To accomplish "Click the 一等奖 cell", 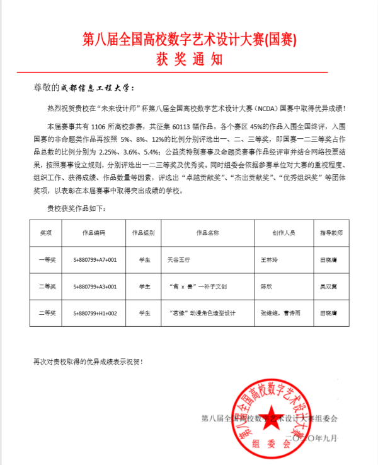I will (x=47, y=259).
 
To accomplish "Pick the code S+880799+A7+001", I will (x=96, y=259).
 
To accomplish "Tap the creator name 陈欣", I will (x=266, y=286).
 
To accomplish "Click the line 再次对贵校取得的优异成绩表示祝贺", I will (x=88, y=362).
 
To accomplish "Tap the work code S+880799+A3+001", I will (x=96, y=286).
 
